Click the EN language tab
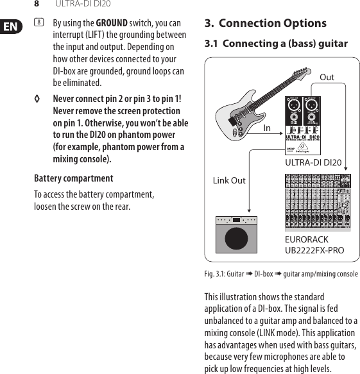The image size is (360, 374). pos(11,26)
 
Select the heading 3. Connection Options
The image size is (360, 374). pos(265,24)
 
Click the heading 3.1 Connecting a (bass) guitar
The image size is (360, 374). pos(276,44)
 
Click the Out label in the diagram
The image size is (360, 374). pos(327,78)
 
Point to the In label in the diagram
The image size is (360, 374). pos(267,128)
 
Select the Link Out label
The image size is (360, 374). pos(229,180)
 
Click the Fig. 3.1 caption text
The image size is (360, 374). pos(280,274)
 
